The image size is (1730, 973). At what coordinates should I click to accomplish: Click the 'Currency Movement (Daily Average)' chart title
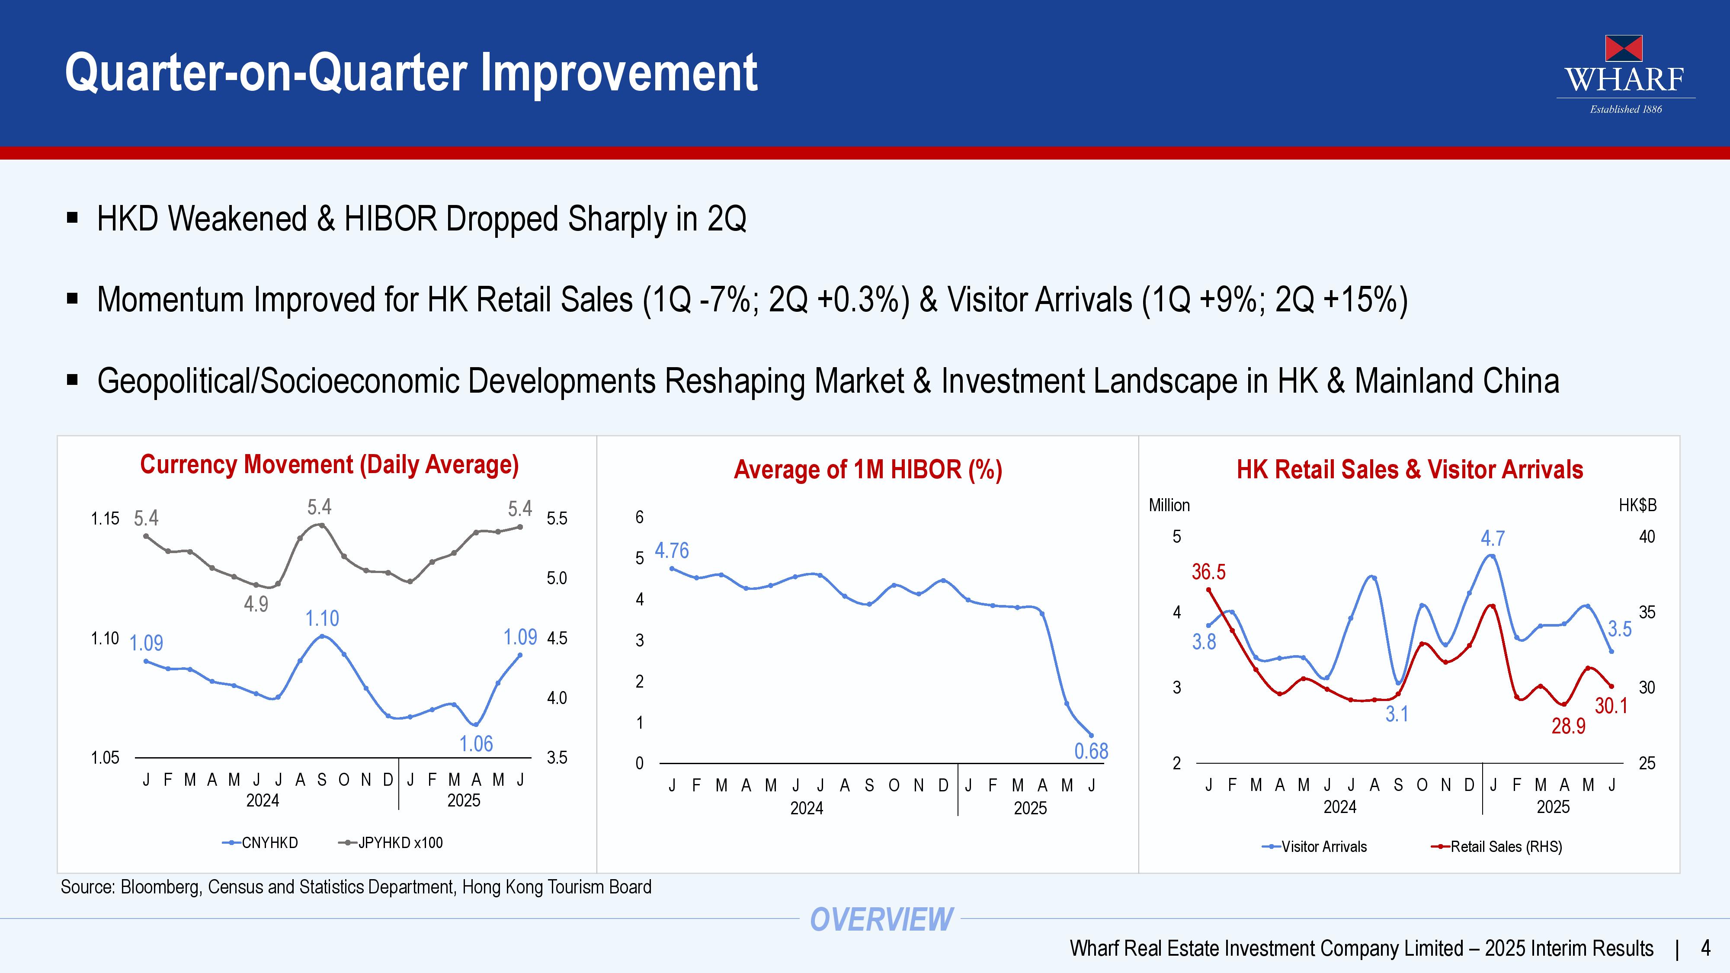(x=329, y=465)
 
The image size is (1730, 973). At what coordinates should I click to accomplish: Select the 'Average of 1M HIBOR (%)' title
(x=868, y=469)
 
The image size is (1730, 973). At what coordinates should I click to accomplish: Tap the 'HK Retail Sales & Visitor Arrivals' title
(x=1410, y=469)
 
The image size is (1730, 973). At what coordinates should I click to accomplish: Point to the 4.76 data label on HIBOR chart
(x=672, y=551)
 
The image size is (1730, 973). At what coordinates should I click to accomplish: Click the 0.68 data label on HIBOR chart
(x=1091, y=751)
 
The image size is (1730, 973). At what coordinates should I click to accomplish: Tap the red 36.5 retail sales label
(x=1208, y=572)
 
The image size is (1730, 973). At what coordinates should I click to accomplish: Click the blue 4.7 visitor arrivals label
(x=1493, y=538)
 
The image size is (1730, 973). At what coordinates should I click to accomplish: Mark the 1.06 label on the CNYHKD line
(x=476, y=744)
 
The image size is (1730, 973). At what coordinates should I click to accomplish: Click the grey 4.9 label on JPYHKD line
(x=256, y=605)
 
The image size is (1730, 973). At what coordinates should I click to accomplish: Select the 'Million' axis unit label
(x=1169, y=505)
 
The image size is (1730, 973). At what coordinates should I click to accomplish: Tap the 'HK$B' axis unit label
(x=1637, y=505)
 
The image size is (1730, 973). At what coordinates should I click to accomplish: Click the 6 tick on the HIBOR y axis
(x=639, y=517)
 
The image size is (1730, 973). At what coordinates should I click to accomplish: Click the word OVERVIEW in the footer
(x=881, y=919)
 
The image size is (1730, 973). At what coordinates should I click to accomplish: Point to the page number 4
(x=1705, y=948)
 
